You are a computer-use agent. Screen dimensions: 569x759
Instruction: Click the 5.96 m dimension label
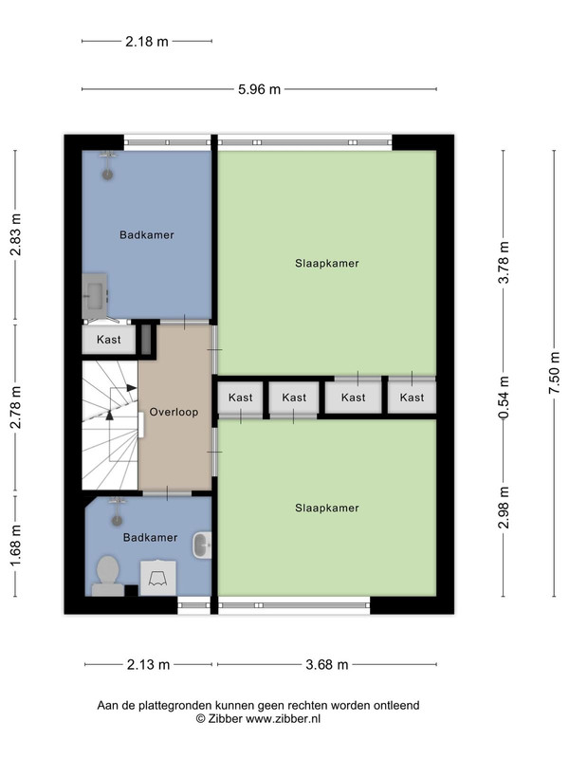[x=259, y=89]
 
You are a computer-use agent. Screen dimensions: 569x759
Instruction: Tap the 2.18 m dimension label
[x=147, y=42]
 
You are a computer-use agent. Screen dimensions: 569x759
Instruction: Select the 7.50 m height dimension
[x=555, y=373]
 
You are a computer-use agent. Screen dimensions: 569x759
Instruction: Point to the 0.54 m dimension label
[x=504, y=398]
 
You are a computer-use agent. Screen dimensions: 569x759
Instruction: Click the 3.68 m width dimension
[x=326, y=665]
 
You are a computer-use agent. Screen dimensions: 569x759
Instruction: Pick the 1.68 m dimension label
[x=15, y=545]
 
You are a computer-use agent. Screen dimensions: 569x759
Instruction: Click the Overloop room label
[x=174, y=412]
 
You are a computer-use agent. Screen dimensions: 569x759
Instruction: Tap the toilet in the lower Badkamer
[x=108, y=576]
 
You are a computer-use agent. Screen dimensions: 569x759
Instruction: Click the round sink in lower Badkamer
[x=202, y=545]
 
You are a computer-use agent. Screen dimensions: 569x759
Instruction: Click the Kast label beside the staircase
[x=109, y=340]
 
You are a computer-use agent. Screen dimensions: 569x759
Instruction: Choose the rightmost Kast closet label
[x=412, y=398]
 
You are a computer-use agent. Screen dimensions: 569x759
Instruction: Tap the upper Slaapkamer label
[x=327, y=264]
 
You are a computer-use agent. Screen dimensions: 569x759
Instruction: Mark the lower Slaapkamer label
[x=327, y=508]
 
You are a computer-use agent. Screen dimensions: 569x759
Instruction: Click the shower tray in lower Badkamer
[x=157, y=578]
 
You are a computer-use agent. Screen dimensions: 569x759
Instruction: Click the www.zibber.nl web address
[x=283, y=719]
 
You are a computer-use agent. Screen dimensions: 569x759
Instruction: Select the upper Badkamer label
[x=147, y=234]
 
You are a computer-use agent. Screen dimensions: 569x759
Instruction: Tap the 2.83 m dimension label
[x=15, y=234]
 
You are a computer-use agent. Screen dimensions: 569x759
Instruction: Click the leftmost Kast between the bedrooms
[x=241, y=398]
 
